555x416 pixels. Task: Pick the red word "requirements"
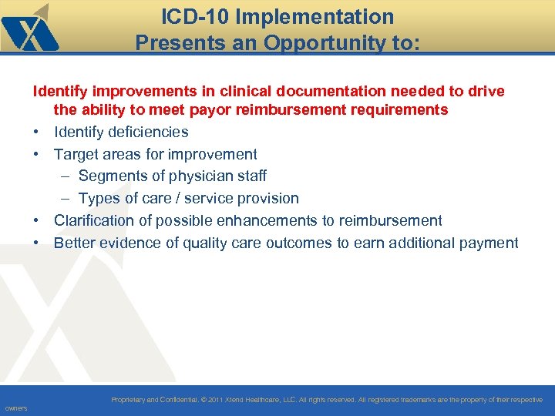pyautogui.click(x=399, y=109)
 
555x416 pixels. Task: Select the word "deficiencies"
pyautogui.click(x=147, y=132)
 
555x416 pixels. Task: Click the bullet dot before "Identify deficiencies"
pyautogui.click(x=36, y=132)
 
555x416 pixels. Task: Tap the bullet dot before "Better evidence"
pyautogui.click(x=36, y=243)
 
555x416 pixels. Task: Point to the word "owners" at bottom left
pyautogui.click(x=15, y=408)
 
